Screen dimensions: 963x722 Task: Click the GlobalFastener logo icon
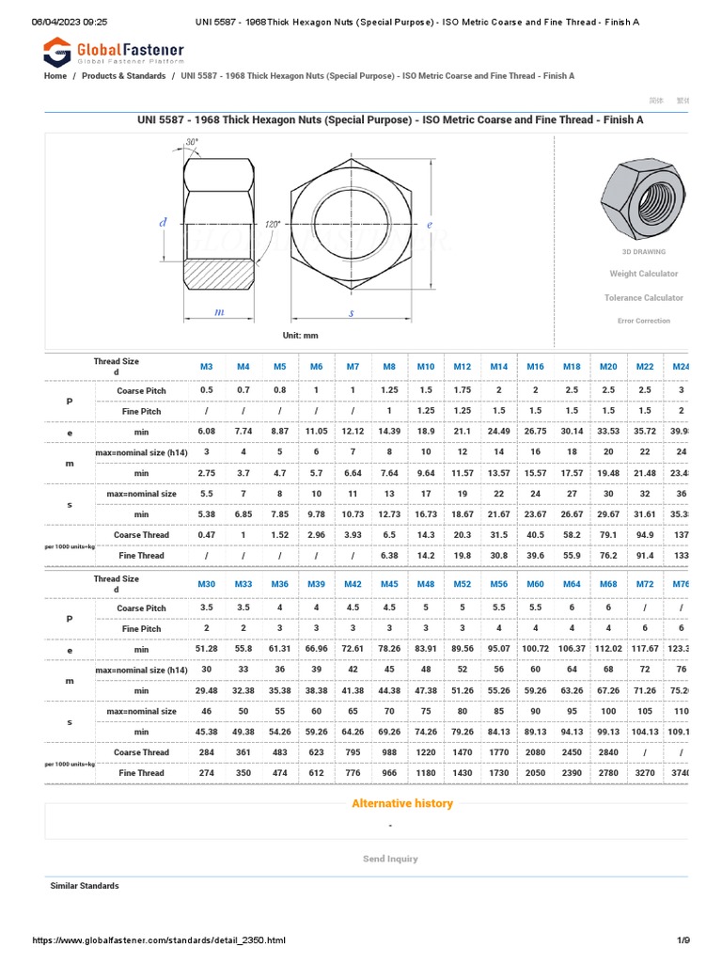(x=58, y=53)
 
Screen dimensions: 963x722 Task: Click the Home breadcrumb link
(x=55, y=76)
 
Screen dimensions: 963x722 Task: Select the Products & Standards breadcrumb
(x=123, y=76)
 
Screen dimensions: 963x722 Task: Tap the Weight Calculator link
(x=643, y=274)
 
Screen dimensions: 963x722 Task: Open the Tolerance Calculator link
(x=643, y=298)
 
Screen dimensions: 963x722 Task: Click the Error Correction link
(x=643, y=321)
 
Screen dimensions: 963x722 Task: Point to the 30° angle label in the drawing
(x=192, y=142)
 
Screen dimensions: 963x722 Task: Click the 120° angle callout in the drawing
(x=273, y=225)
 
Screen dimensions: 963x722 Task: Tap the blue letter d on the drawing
(x=163, y=223)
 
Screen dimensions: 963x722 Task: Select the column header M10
(x=426, y=366)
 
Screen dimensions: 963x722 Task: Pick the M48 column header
(x=426, y=584)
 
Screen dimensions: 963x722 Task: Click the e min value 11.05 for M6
(x=316, y=432)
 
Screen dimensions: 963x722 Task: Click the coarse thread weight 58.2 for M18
(x=572, y=535)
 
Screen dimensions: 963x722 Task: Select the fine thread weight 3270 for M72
(x=645, y=773)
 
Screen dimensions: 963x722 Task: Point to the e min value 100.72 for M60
(x=535, y=649)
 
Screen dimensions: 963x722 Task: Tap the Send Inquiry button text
(x=390, y=859)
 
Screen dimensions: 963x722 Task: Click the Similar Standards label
(x=85, y=886)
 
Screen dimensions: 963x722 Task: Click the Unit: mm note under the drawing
(x=301, y=336)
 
